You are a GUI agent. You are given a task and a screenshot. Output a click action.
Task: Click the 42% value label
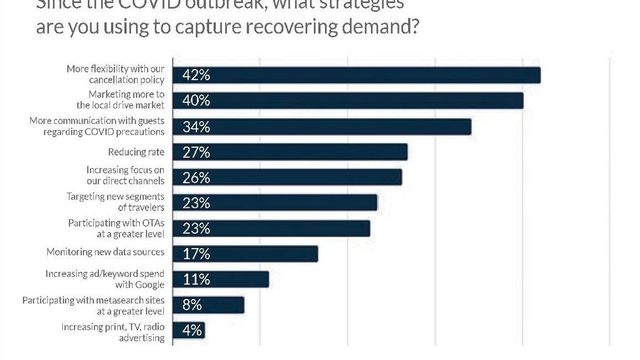coord(196,75)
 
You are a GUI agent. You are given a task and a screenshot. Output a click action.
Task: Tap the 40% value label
coord(196,101)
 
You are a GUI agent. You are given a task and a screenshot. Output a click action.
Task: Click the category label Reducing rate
coord(136,152)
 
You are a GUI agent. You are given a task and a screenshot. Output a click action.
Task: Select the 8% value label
coord(192,305)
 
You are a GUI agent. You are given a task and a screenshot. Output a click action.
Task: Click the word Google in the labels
coord(150,285)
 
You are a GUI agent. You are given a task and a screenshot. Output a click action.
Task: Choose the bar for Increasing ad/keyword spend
coord(221,280)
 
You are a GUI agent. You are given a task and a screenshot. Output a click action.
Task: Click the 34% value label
coord(196,127)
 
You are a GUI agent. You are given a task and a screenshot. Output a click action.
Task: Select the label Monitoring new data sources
coord(105,252)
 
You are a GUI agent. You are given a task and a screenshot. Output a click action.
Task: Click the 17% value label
coord(196,254)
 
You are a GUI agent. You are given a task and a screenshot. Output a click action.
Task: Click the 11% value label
coord(196,280)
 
